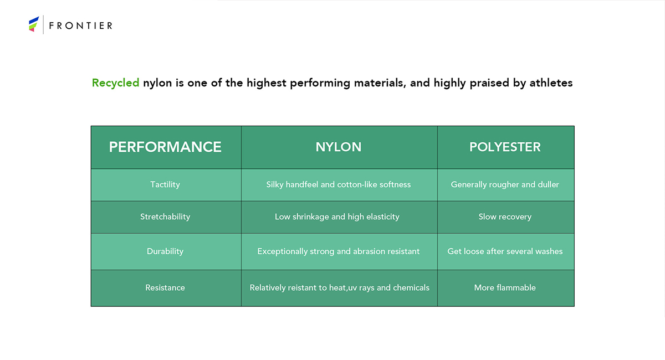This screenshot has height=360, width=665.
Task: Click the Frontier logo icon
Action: pyautogui.click(x=34, y=24)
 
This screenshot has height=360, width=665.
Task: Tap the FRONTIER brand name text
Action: pyautogui.click(x=81, y=26)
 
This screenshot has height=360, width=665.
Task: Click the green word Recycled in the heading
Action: pyautogui.click(x=115, y=83)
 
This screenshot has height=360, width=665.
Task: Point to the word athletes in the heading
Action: pyautogui.click(x=551, y=83)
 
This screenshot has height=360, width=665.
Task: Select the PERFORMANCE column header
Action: pyautogui.click(x=165, y=147)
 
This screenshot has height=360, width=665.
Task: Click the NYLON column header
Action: pyautogui.click(x=339, y=147)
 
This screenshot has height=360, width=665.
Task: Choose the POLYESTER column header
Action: pyautogui.click(x=505, y=147)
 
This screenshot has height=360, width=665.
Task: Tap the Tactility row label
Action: pyautogui.click(x=165, y=184)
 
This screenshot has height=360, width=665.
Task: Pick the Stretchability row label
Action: pyautogui.click(x=165, y=217)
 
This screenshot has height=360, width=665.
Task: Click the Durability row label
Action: pyautogui.click(x=165, y=251)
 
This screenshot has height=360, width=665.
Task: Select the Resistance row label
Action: pyautogui.click(x=165, y=287)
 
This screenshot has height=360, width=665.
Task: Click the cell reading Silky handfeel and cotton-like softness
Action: pyautogui.click(x=339, y=184)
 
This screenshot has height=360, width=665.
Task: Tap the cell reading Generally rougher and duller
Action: pyautogui.click(x=505, y=184)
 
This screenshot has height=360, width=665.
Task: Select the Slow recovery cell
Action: pyautogui.click(x=505, y=217)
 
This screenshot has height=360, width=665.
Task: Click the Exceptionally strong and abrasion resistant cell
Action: pyautogui.click(x=339, y=251)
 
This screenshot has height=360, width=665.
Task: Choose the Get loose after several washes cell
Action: pyautogui.click(x=505, y=251)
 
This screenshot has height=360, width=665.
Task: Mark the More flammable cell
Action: pyautogui.click(x=505, y=287)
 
